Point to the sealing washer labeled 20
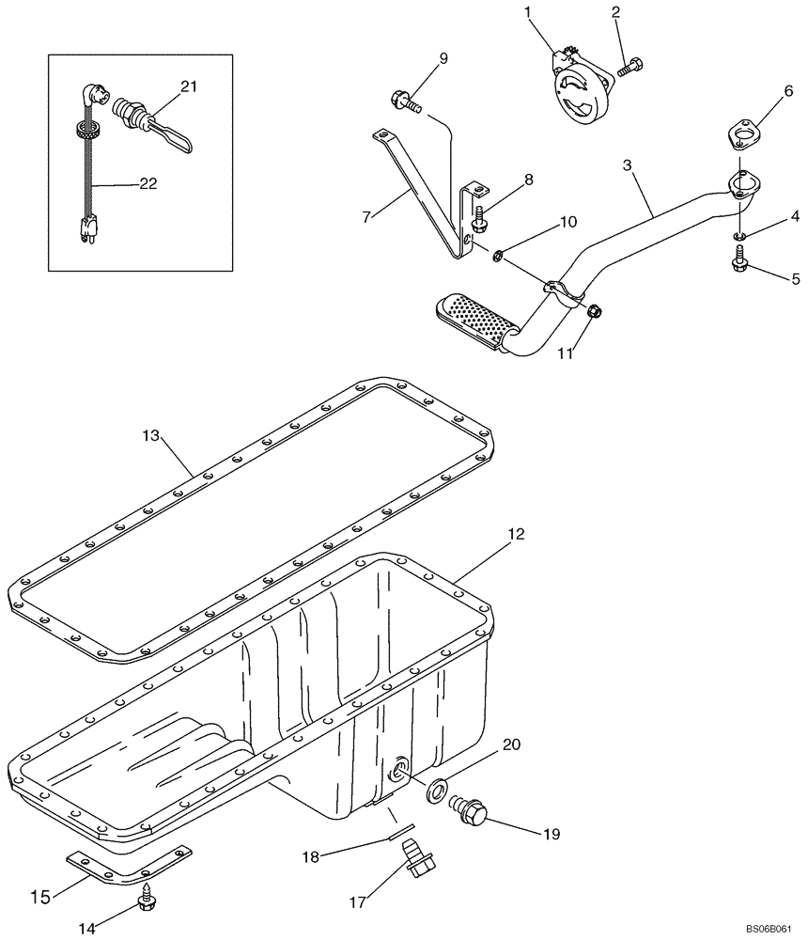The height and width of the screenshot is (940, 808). click(x=438, y=791)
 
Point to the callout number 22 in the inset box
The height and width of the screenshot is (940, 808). click(x=147, y=184)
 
